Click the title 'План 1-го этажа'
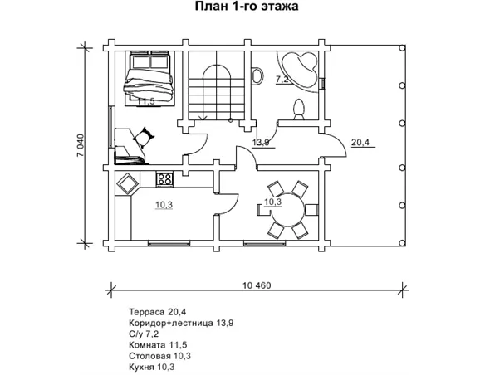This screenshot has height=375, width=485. coord(247,6)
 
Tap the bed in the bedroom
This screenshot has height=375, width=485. coord(149,79)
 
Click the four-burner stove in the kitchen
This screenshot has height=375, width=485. coord(164,179)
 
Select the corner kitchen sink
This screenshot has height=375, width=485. coord(127,184)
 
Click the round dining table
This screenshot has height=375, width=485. coord(287,210)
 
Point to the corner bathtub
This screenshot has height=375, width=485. coord(297,71)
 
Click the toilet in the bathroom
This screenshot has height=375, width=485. coord(299,110)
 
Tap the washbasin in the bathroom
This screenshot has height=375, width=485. coord(257,76)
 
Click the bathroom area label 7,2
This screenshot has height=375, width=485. coord(282,80)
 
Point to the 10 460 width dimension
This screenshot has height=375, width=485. coord(257,285)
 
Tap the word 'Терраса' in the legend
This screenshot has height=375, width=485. coord(147,312)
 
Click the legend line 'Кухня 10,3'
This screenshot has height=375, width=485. coord(151,367)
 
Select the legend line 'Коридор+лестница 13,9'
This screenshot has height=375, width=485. coord(181,323)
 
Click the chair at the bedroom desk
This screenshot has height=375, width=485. coord(144,138)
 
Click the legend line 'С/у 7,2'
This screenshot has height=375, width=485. coord(144,334)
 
